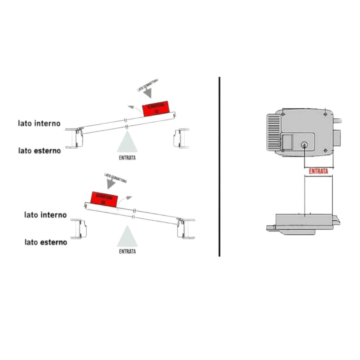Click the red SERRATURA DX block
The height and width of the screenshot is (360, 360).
point(104,199)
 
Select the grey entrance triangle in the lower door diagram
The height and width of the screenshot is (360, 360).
point(127,237)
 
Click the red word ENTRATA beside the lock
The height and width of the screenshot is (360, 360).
point(318,171)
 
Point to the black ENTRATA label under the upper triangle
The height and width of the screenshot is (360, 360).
point(127,158)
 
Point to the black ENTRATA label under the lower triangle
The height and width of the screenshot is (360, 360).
point(127,252)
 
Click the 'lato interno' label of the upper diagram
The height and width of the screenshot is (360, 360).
point(40,123)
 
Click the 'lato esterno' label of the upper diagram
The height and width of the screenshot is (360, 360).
point(40,150)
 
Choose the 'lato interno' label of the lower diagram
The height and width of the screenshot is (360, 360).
point(45,215)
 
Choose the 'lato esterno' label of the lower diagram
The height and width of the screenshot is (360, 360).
point(46,242)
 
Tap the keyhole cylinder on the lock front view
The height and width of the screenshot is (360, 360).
point(304,145)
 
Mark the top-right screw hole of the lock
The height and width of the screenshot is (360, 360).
point(325,114)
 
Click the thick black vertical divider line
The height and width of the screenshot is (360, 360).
point(219,166)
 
